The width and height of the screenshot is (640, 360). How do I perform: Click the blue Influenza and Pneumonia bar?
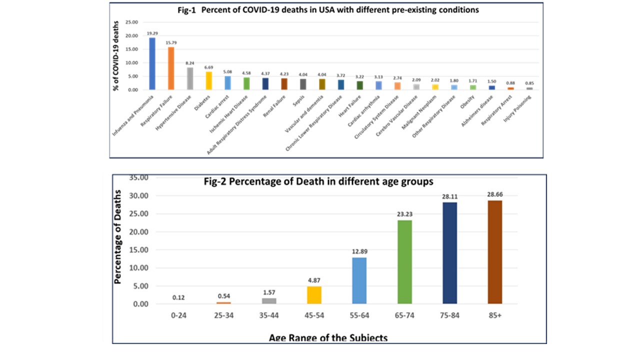click(x=152, y=64)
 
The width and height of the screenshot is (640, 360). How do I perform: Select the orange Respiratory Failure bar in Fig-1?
click(x=171, y=68)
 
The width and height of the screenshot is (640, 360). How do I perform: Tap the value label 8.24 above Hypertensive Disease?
click(x=189, y=63)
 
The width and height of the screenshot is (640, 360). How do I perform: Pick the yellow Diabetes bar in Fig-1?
click(x=208, y=81)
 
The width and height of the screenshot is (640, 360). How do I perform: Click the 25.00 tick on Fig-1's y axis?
click(x=130, y=22)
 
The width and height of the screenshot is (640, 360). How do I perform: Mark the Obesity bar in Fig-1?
click(x=473, y=87)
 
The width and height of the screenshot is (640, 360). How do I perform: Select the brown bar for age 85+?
click(x=494, y=252)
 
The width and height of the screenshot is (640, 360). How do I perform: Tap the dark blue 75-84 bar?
click(x=449, y=253)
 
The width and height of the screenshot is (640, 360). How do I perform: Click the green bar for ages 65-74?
click(x=404, y=262)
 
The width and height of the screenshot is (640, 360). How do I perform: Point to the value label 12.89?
click(x=359, y=251)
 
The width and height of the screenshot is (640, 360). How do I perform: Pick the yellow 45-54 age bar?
click(x=314, y=295)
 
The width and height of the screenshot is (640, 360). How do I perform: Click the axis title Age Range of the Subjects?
click(x=328, y=338)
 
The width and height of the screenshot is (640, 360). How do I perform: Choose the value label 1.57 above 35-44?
click(x=269, y=292)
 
